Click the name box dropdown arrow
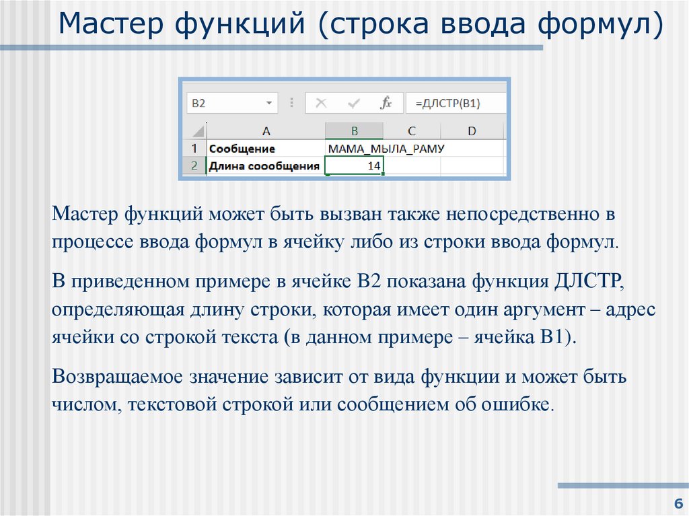coord(269,103)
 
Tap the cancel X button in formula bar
coord(321,103)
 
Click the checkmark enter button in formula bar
coord(353,103)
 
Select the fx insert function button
coord(386,103)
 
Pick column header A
coord(266,131)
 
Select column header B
coord(354,131)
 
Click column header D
coord(472,131)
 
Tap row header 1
coord(194,148)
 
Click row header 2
coord(194,165)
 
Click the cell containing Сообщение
coord(266,148)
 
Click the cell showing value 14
coord(355,165)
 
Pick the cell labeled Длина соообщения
coord(266,165)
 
